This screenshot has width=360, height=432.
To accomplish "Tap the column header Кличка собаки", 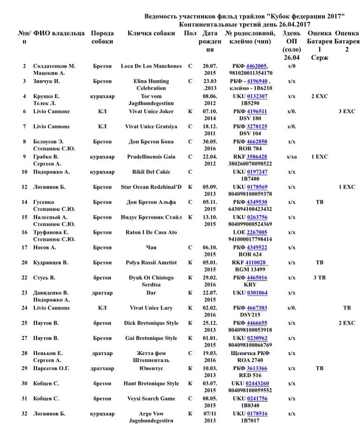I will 151,33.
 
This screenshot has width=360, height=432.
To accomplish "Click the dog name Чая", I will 151,247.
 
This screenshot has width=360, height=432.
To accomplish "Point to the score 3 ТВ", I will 319,278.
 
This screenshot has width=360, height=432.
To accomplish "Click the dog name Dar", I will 151,293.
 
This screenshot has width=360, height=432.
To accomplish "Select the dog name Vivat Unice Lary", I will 151,308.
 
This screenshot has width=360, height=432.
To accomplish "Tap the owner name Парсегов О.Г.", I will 51,368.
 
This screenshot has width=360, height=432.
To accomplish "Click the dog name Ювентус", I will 151,368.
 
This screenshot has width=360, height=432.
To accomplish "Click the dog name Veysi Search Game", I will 151,399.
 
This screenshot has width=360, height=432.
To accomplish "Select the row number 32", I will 24,414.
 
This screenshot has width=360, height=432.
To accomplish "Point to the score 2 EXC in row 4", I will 319,96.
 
